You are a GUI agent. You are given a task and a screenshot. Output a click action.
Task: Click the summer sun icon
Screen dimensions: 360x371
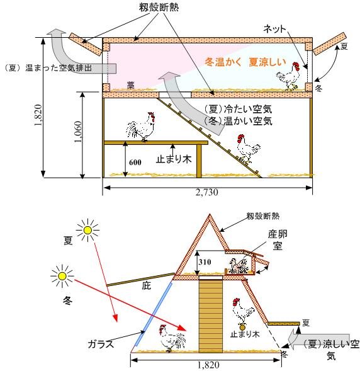(x=87, y=230)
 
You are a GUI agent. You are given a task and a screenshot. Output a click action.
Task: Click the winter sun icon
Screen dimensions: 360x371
(x=62, y=276)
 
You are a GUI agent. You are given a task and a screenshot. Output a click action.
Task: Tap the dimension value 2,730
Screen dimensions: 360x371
(x=207, y=192)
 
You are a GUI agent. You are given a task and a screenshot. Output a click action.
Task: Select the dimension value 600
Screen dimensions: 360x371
(x=135, y=163)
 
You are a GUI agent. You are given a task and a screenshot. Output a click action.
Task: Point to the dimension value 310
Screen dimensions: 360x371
(x=205, y=262)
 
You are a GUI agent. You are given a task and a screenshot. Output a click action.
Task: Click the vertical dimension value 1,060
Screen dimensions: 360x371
(x=78, y=132)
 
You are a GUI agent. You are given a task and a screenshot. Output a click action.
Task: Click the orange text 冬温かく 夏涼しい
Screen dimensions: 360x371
(x=245, y=62)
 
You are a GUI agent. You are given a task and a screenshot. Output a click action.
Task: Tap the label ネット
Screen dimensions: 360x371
(x=274, y=29)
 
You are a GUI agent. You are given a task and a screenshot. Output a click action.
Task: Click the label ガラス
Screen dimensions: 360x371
(x=101, y=344)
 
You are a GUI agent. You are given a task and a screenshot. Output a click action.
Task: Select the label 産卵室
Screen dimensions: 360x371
(x=278, y=240)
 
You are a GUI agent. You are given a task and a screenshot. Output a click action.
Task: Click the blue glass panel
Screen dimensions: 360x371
(x=153, y=314)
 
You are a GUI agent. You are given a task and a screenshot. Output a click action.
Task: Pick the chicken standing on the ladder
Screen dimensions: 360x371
(x=248, y=149)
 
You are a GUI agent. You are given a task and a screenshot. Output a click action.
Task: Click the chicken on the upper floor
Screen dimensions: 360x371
(x=289, y=76)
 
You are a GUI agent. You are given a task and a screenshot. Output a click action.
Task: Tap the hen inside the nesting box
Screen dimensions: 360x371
(x=239, y=266)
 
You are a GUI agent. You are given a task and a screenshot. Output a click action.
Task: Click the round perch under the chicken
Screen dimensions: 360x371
(x=242, y=328)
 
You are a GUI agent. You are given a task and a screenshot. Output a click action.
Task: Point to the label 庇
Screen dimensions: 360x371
(x=146, y=286)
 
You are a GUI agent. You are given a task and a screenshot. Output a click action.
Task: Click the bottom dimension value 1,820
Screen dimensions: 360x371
(x=208, y=365)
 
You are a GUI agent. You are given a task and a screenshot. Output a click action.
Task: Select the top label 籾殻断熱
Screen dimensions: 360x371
(x=159, y=7)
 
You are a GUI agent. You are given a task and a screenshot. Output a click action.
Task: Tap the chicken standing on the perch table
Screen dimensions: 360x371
(x=141, y=127)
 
